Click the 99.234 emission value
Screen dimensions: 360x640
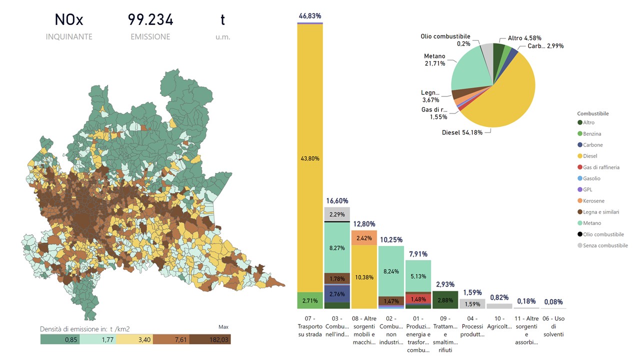(150, 20)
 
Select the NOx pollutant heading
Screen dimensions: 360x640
(69, 20)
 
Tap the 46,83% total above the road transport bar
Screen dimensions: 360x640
(310, 16)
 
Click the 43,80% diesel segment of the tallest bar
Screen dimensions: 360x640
(310, 158)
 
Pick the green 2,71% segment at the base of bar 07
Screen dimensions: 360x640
(310, 300)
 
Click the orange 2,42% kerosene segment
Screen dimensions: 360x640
(364, 238)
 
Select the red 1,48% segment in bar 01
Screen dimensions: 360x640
(418, 299)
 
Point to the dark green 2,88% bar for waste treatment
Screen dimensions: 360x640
(445, 300)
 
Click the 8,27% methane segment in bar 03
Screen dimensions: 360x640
(337, 247)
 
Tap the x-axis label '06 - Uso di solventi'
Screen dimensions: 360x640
(553, 326)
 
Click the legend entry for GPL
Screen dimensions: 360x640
(588, 189)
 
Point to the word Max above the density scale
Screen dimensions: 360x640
(223, 327)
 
